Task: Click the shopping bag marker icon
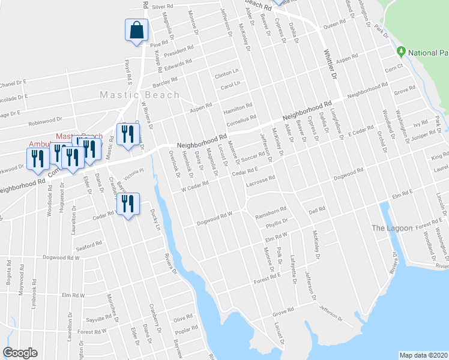[x=136, y=30]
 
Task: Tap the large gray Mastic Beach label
[x=139, y=95]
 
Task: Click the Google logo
[x=20, y=353]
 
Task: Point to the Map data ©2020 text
[x=423, y=355]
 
